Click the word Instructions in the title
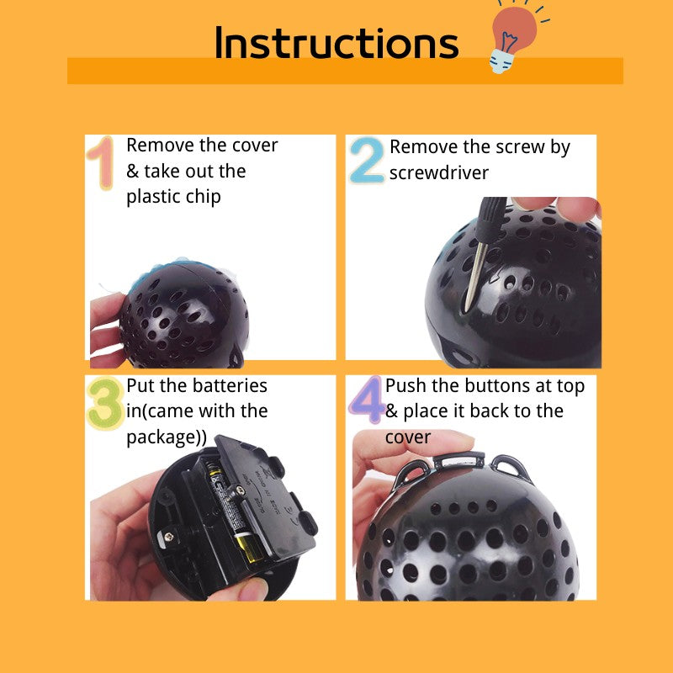336,42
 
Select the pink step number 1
101,162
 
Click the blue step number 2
368,161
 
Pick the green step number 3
106,403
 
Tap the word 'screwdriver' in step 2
438,173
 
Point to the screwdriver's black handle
491,220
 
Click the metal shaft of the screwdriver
476,277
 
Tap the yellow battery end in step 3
249,548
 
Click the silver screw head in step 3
169,536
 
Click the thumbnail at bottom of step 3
253,588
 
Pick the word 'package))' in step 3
167,437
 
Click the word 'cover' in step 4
408,437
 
